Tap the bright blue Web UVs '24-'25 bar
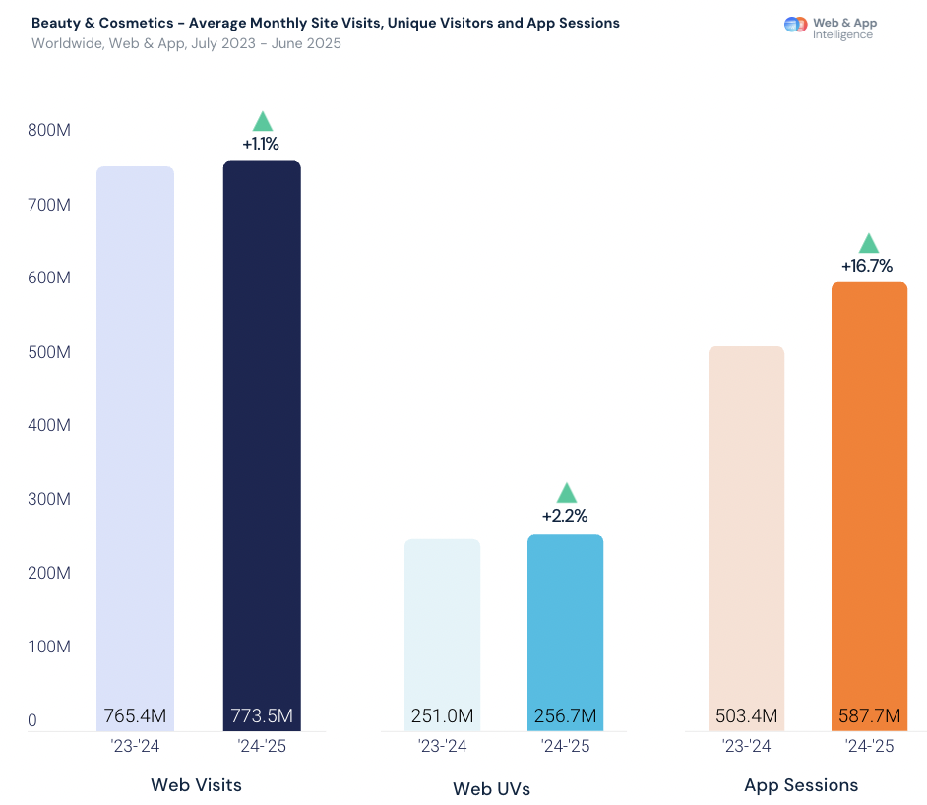pyautogui.click(x=565, y=620)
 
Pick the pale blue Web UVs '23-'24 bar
pyautogui.click(x=442, y=620)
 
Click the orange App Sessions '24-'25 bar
pyautogui.click(x=869, y=492)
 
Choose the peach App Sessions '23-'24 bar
pyautogui.click(x=746, y=522)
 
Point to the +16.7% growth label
pyautogui.click(x=867, y=266)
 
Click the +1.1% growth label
pyautogui.click(x=261, y=144)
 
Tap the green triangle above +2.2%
pyautogui.click(x=566, y=493)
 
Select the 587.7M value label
pyautogui.click(x=869, y=715)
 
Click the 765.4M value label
pyautogui.click(x=135, y=715)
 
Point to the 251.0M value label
pyautogui.click(x=442, y=715)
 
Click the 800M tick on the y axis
pyautogui.click(x=49, y=131)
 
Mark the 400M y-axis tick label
pyautogui.click(x=49, y=426)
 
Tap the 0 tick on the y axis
pyautogui.click(x=32, y=720)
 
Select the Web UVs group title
pyautogui.click(x=491, y=788)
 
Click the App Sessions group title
pyautogui.click(x=801, y=785)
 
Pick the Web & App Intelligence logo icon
pyautogui.click(x=795, y=25)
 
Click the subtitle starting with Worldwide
pyautogui.click(x=186, y=43)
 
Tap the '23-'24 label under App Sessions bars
pyautogui.click(x=746, y=746)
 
